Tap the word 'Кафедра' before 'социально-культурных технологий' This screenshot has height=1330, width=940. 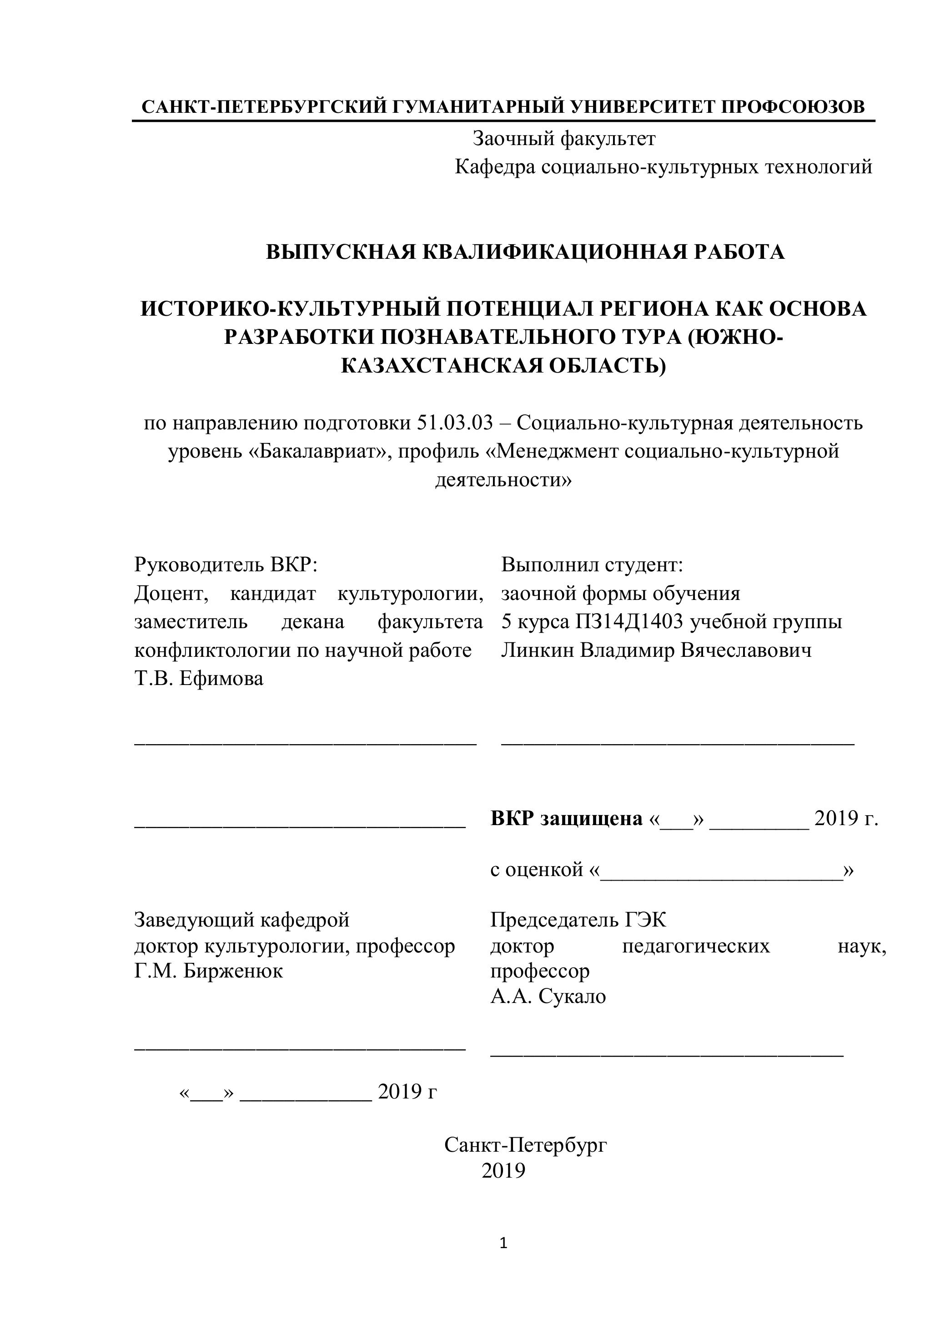(x=495, y=167)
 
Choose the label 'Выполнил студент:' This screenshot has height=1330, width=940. (x=592, y=565)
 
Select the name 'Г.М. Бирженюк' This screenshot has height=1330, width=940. (x=208, y=971)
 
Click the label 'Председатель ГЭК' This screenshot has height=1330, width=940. (x=578, y=919)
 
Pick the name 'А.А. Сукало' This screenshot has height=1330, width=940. (x=548, y=996)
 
